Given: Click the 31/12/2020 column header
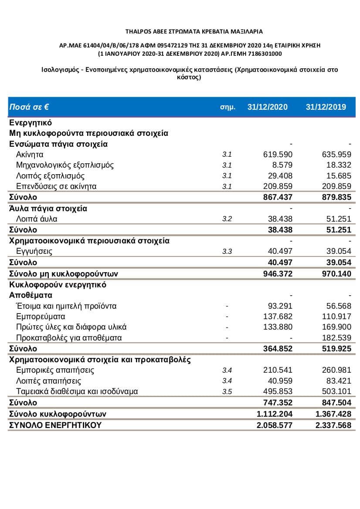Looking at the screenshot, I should (x=267, y=107).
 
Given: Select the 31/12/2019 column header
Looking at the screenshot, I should (x=326, y=107).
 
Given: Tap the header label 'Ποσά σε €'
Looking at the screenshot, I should (x=29, y=107).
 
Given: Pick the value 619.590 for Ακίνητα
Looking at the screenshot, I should (x=278, y=155).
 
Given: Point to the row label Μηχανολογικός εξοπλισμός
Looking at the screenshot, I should (x=65, y=165).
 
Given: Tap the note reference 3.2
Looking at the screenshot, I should (x=227, y=219).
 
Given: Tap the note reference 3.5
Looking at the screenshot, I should (x=227, y=391).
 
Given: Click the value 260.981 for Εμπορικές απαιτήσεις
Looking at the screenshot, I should (x=336, y=371).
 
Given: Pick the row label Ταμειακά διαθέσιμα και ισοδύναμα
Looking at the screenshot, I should (x=77, y=391).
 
